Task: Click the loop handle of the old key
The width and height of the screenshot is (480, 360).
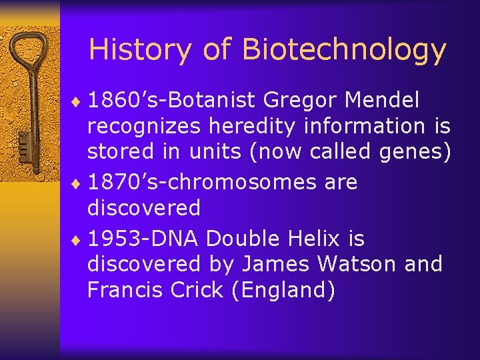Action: pyautogui.click(x=29, y=50)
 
